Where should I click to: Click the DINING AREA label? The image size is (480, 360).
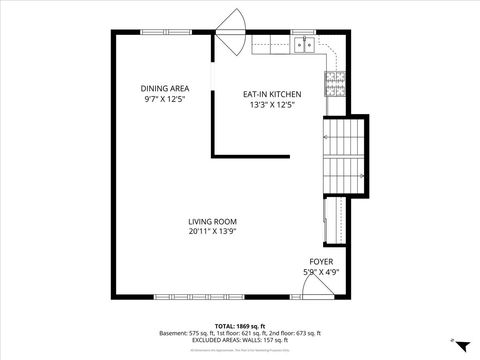point(165,88)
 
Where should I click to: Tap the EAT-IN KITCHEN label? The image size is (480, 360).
point(272,94)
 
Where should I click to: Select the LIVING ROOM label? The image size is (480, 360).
point(212,221)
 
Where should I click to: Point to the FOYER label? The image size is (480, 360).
point(320,262)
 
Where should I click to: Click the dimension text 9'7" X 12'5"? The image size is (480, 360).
point(165,99)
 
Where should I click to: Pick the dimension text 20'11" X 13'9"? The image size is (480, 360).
point(212,232)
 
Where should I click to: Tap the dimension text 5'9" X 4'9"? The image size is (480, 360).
point(320,272)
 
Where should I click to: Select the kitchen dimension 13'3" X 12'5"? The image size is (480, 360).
point(272,105)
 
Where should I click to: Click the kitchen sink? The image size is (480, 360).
point(304,44)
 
